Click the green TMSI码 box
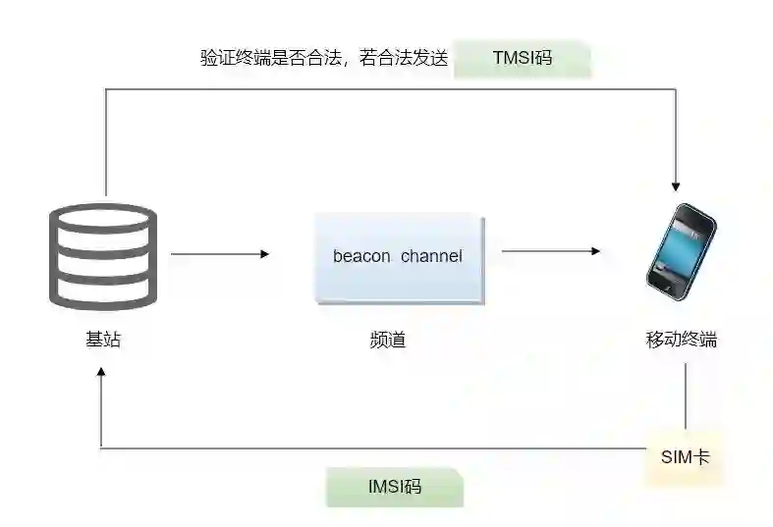[522, 58]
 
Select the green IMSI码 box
[394, 486]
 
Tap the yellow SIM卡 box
[685, 457]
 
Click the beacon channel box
[397, 257]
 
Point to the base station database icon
[103, 256]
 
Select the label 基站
[103, 340]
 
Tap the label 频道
[388, 341]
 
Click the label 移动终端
[681, 340]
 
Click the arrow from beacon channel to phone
[550, 251]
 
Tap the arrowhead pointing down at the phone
[676, 184]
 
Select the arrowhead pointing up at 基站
[100, 374]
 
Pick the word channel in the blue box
[431, 257]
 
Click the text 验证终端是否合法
[269, 58]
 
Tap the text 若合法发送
[404, 58]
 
